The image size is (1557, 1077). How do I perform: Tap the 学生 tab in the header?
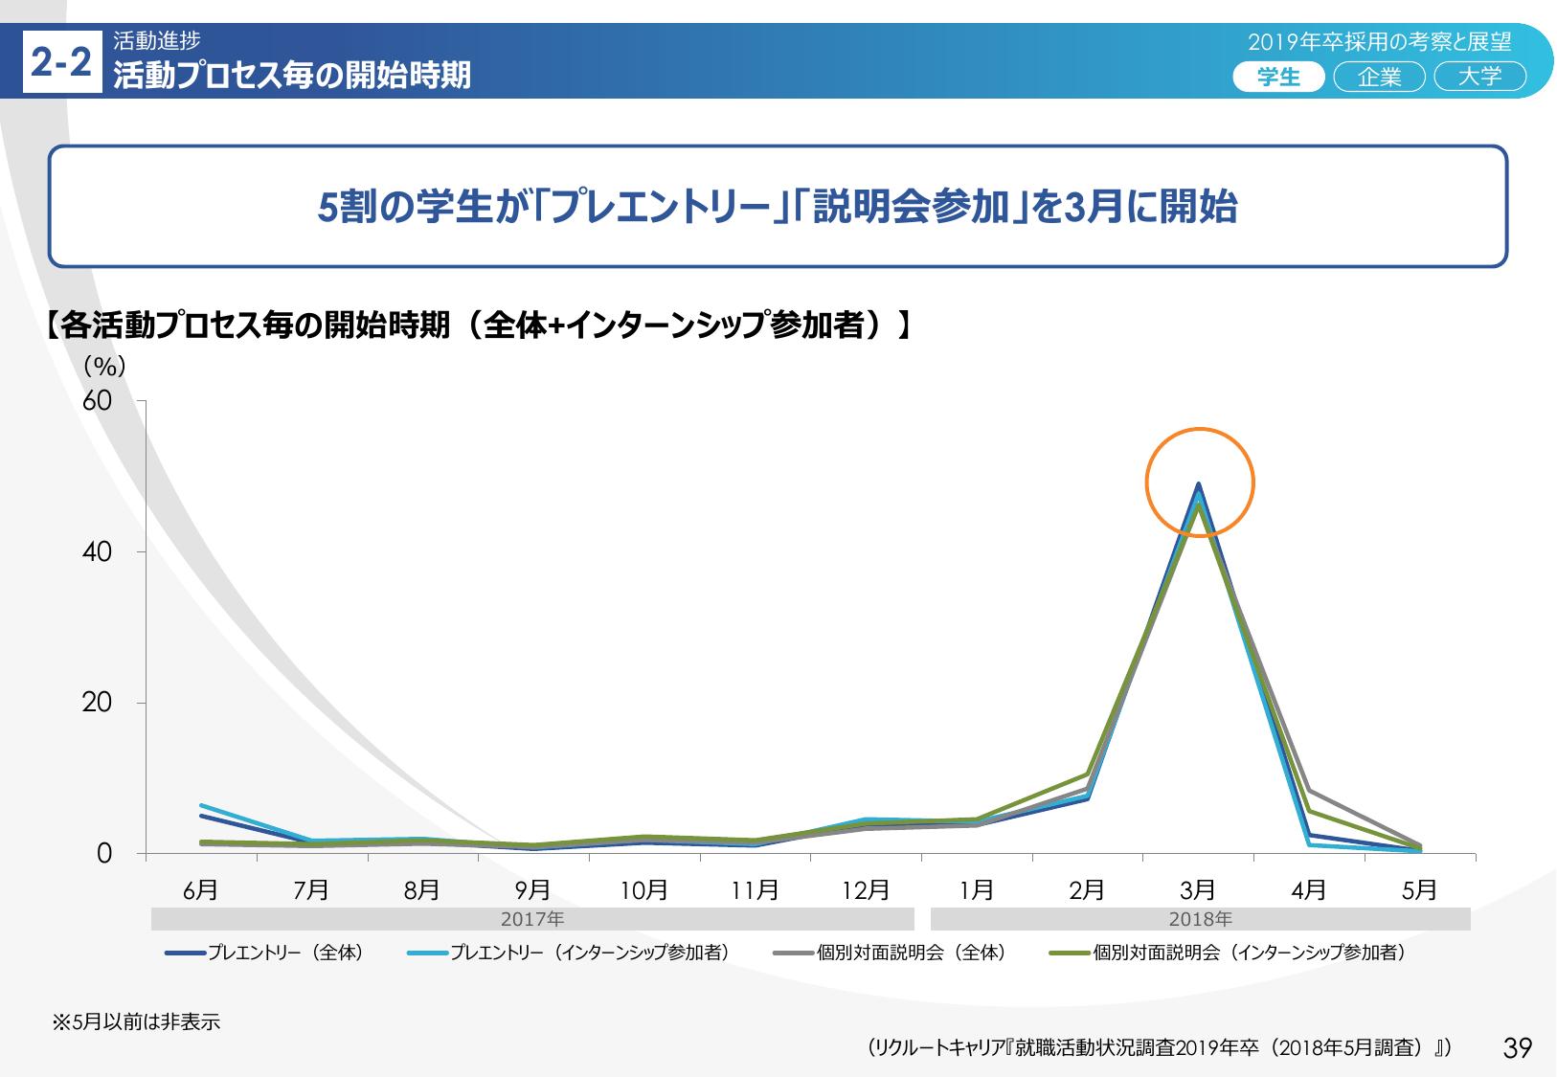1278,77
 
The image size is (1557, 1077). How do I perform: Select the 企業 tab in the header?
1379,77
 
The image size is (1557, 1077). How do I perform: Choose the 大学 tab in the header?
1479,77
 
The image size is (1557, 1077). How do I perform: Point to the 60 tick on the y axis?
98,402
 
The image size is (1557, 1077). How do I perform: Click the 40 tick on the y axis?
98,552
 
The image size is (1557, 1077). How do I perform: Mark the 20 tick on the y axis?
98,703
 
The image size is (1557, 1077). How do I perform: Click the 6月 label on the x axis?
200,890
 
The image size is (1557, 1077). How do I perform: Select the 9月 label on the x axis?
532,890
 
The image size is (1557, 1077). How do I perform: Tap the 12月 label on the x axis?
866,890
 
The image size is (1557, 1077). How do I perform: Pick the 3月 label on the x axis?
1198,890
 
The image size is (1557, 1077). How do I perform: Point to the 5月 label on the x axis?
1419,890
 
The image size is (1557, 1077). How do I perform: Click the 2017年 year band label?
533,919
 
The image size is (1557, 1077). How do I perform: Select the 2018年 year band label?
1200,919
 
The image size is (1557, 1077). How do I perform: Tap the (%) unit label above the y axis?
104,367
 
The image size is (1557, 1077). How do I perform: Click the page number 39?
1518,1048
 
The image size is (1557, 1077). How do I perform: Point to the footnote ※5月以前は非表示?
136,1022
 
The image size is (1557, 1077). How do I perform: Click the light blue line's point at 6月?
201,805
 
